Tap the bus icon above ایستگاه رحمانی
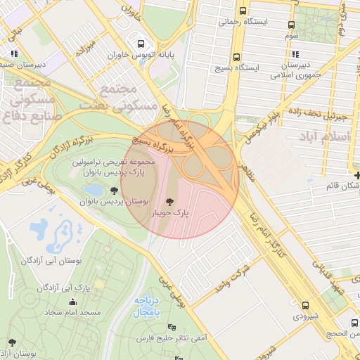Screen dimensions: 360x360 [x=243, y=11]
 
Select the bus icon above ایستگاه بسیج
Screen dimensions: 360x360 [x=236, y=57]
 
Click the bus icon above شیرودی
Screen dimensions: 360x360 [x=305, y=305]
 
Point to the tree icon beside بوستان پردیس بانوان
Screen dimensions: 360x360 [x=113, y=190]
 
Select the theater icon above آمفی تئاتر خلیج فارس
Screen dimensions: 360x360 [x=172, y=327]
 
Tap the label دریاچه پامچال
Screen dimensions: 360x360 [x=149, y=304]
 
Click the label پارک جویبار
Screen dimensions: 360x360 [x=169, y=212]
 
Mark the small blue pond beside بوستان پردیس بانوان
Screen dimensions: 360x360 [x=93, y=190]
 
